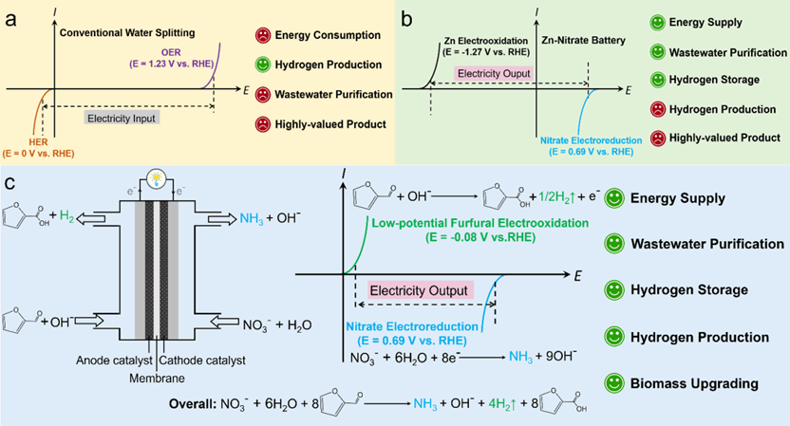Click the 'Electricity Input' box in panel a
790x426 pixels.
(122, 119)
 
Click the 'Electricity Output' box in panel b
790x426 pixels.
(493, 73)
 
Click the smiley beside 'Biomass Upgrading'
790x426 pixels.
(613, 382)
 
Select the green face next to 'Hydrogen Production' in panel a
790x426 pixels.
(261, 65)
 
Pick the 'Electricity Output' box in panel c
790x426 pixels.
(420, 288)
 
